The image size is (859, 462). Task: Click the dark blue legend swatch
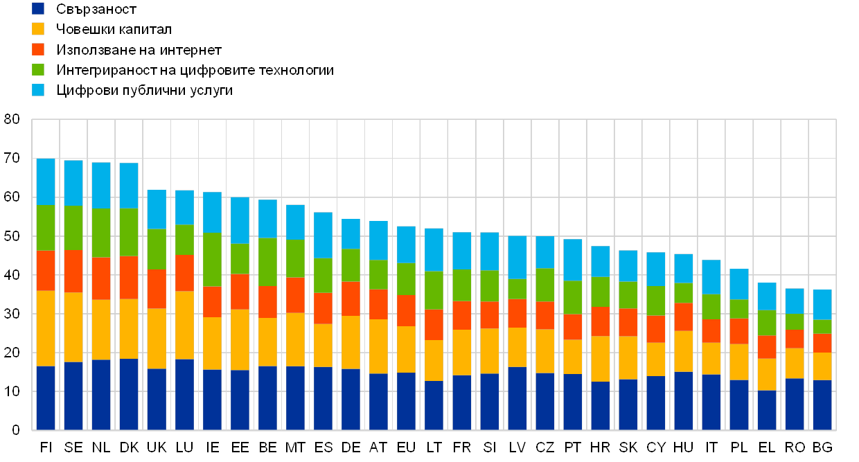coord(39,9)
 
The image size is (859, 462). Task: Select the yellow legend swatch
coord(39,29)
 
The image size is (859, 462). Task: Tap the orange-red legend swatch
coord(39,49)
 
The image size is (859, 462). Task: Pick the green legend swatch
coord(39,69)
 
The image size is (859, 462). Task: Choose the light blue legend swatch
coord(39,90)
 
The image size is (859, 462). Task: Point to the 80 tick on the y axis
coord(12,120)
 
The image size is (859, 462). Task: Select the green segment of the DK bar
coord(129,232)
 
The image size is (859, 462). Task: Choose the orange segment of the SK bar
coord(628,322)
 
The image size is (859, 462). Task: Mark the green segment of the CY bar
coord(655,301)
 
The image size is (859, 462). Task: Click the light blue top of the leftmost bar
coord(46,181)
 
